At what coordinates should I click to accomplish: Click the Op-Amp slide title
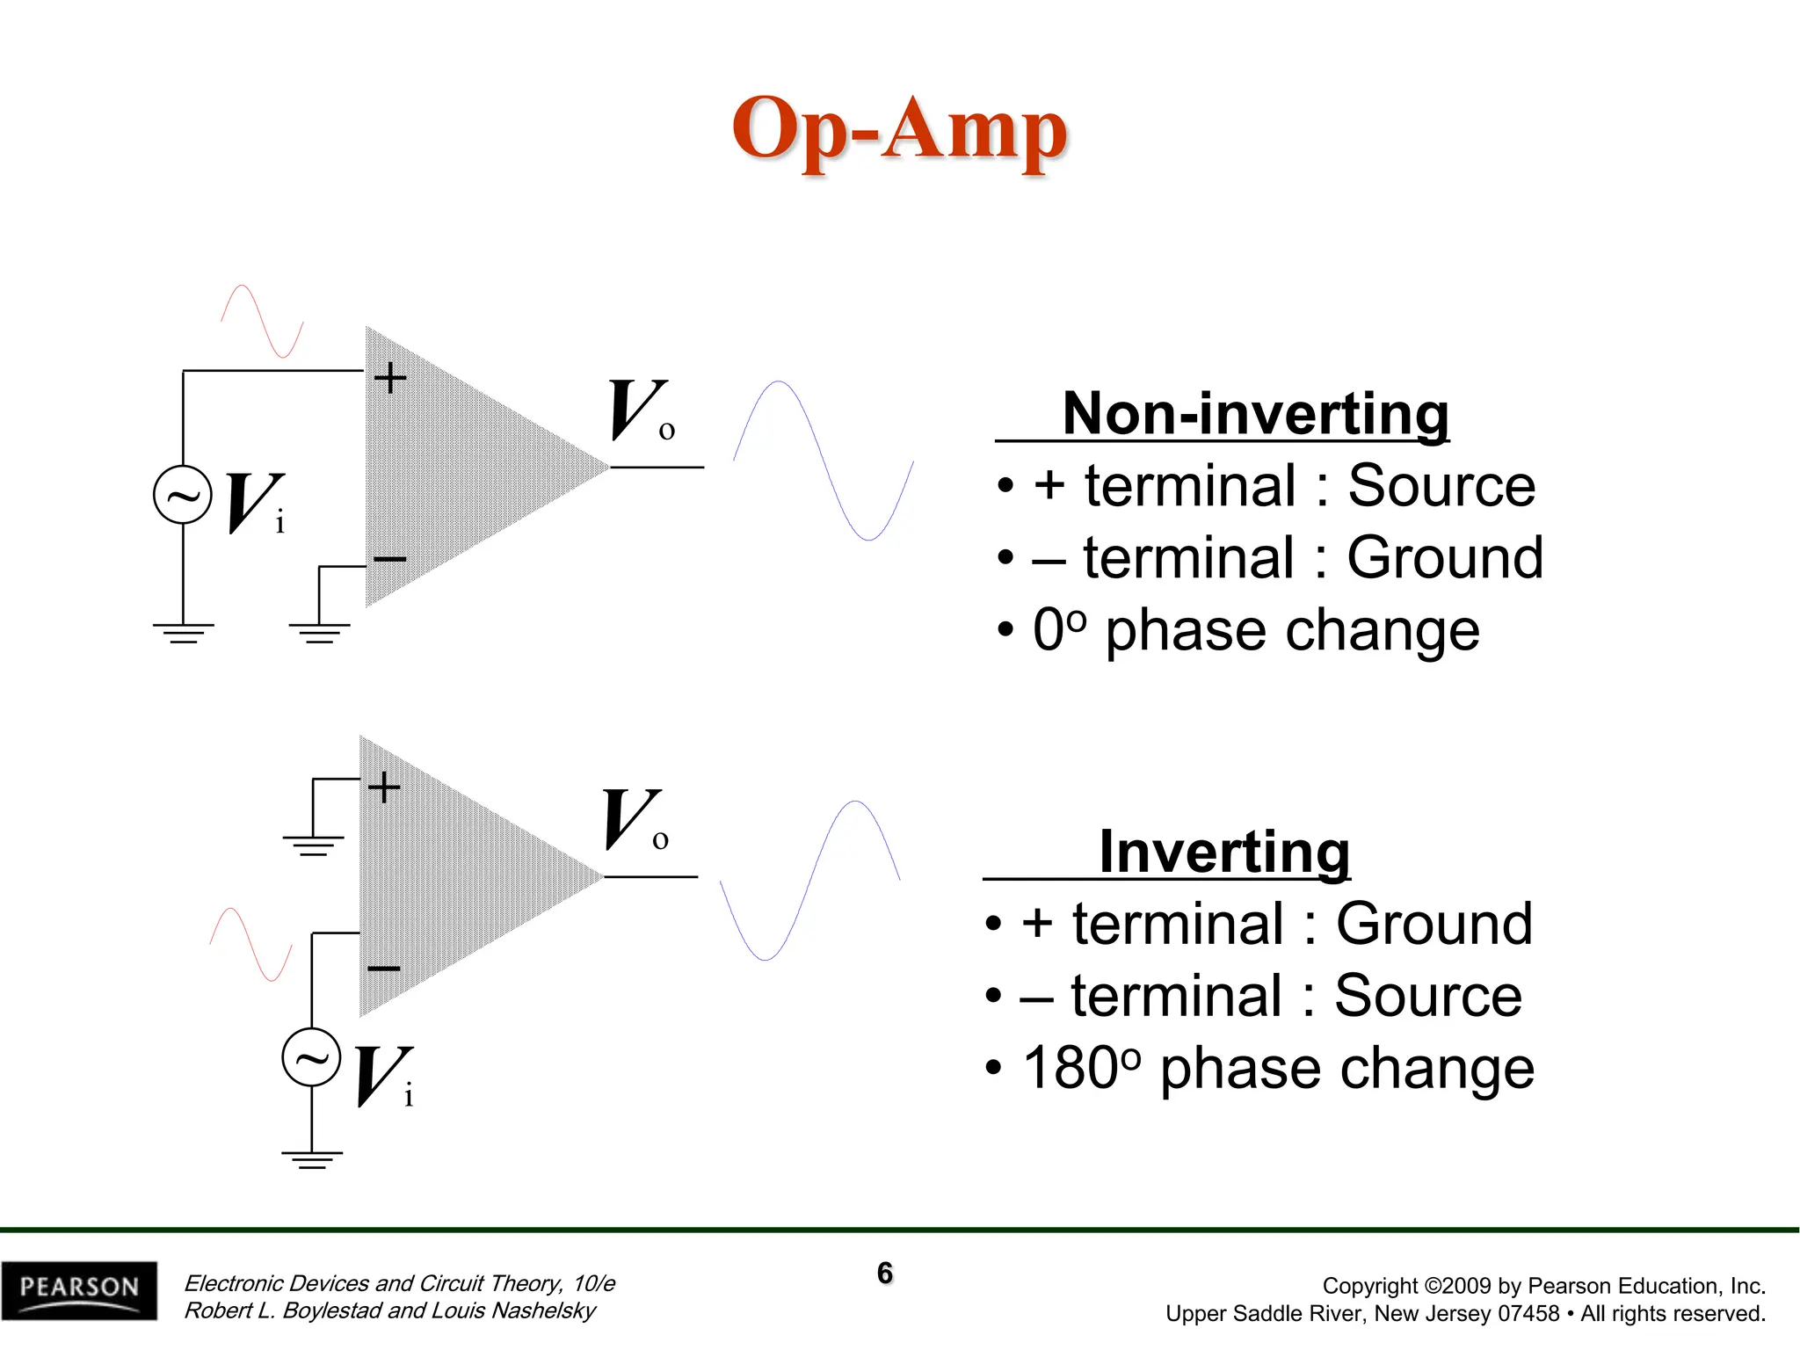point(899,130)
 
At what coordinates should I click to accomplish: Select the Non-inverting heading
point(1255,413)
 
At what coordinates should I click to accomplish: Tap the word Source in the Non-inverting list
point(1441,485)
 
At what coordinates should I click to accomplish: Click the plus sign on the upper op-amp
point(390,378)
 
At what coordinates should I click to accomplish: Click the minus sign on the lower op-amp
point(383,969)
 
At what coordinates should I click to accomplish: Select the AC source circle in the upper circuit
point(183,495)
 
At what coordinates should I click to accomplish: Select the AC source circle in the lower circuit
point(311,1057)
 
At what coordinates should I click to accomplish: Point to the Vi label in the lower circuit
point(384,1077)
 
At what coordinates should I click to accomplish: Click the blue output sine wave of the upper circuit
point(824,460)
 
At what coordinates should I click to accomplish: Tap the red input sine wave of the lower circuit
point(251,944)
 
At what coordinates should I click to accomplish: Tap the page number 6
point(884,1273)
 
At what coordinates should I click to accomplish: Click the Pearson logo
point(79,1289)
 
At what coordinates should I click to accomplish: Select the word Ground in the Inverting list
point(1433,924)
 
